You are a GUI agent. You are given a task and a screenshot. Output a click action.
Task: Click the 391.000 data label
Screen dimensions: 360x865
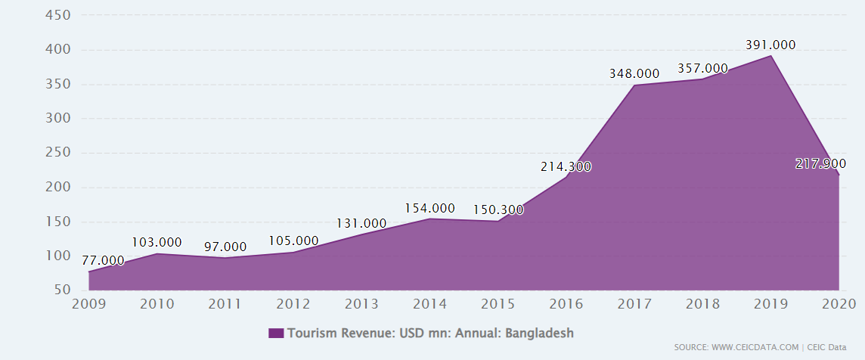pos(770,45)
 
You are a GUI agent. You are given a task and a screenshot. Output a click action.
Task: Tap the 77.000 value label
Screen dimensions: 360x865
pos(103,260)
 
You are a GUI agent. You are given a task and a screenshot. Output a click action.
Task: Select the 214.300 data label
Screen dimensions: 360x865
pos(566,166)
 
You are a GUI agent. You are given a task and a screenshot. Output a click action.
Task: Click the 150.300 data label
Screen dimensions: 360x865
pos(498,209)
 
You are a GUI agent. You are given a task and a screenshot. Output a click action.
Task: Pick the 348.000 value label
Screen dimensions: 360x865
pos(634,74)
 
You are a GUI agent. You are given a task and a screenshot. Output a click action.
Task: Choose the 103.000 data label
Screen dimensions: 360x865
pos(157,242)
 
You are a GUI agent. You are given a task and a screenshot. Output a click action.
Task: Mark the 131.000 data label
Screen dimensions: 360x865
pos(361,223)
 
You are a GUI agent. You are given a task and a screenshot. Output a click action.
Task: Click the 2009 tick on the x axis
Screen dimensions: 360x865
pos(90,304)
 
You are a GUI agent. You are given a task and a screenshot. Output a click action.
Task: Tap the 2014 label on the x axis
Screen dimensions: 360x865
pos(429,304)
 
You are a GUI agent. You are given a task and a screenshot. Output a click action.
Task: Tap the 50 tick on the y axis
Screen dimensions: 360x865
pos(63,290)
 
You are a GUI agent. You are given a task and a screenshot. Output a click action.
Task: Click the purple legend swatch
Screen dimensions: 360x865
pos(276,334)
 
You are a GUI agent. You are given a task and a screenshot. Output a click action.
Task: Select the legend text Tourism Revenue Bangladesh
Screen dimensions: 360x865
pos(430,334)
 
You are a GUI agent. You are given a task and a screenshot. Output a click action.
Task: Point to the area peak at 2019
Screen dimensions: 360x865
pos(770,56)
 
